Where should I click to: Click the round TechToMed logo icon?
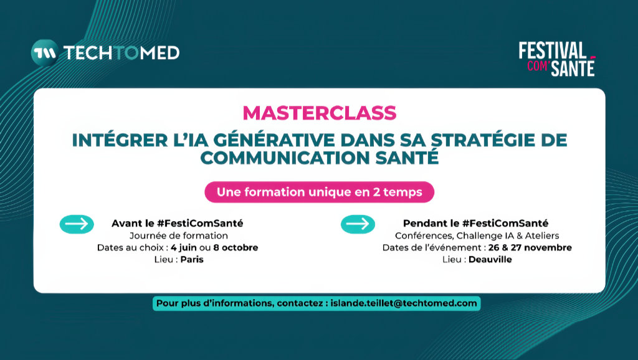point(44,52)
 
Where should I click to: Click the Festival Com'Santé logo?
point(557,59)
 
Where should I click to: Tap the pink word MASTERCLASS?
point(319,113)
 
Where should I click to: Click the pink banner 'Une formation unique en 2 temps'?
point(319,192)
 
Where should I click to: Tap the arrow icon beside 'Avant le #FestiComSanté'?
point(77,224)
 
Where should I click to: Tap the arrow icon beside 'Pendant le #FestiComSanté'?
point(358,224)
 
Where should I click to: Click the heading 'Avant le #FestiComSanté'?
point(178,223)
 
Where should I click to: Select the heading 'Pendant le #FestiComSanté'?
point(476,223)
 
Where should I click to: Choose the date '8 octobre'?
point(236,247)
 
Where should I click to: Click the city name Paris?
point(192,259)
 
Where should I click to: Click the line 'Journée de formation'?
point(178,235)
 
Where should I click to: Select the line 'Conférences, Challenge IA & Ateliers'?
point(477,235)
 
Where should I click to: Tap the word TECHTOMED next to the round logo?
point(121,53)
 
